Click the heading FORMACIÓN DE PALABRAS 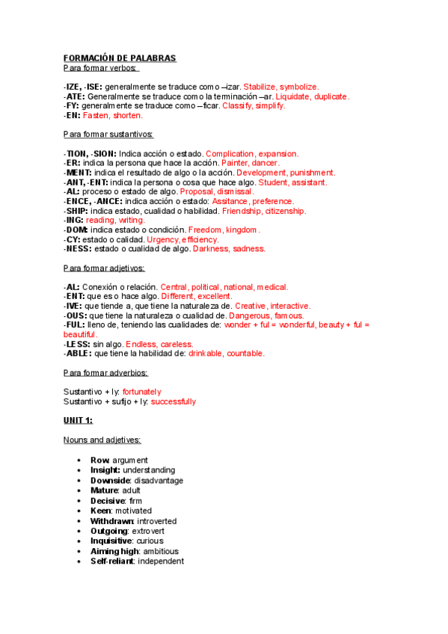tap(120, 58)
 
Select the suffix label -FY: tap(73, 106)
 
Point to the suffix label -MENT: tap(78, 173)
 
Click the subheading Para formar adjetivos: tap(105, 268)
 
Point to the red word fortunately tap(141, 392)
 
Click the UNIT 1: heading tap(78, 421)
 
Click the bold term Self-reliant tap(111, 561)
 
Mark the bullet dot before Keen tap(80, 511)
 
